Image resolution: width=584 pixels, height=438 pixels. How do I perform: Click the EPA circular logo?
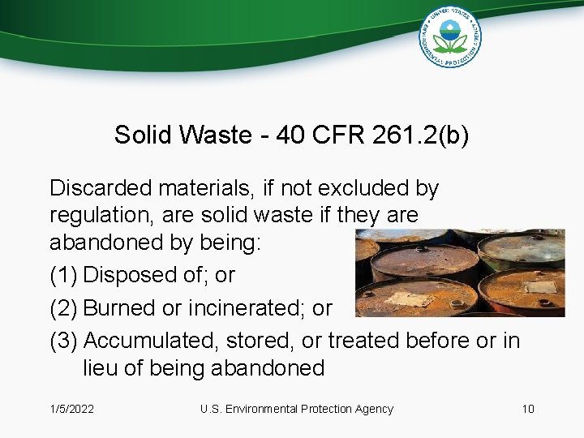click(450, 36)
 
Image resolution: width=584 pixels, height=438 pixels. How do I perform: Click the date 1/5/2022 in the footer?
click(71, 409)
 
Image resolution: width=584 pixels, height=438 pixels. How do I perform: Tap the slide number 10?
click(527, 409)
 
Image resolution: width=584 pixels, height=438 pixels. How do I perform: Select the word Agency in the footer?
click(373, 409)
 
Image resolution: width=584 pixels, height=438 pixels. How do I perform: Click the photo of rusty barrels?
click(460, 273)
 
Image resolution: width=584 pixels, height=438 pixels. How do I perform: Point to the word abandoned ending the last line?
click(267, 368)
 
